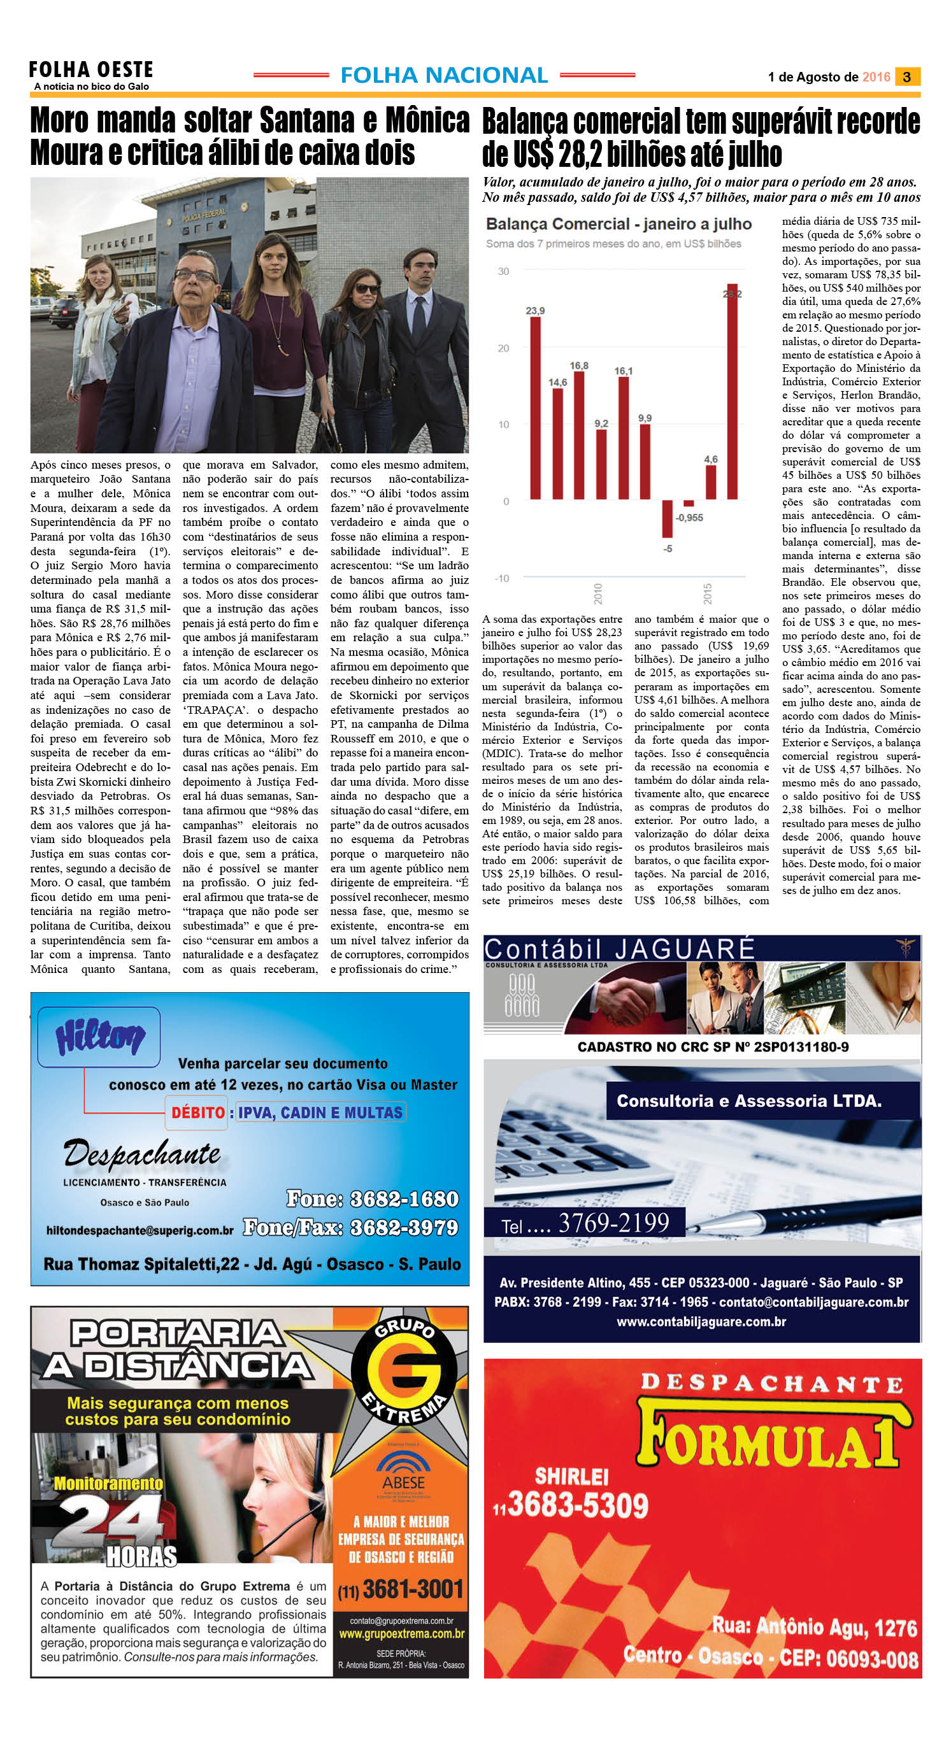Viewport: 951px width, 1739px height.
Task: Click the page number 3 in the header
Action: click(906, 77)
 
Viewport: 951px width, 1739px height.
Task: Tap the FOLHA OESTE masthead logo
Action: click(91, 69)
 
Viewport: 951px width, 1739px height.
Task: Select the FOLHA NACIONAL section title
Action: click(444, 76)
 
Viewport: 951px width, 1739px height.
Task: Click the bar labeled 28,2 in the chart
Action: click(732, 392)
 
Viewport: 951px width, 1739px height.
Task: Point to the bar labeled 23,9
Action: click(535, 407)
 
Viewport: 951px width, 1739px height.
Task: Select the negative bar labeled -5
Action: click(668, 518)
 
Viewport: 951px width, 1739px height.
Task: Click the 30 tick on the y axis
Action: click(503, 271)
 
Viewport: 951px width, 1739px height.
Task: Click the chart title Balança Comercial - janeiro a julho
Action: click(619, 224)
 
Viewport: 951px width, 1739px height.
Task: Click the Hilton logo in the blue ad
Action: click(99, 1036)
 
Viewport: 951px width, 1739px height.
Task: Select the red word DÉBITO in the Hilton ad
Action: click(198, 1112)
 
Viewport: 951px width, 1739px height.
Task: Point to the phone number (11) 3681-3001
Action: click(401, 1589)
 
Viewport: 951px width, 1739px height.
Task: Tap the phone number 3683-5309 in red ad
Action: click(577, 1505)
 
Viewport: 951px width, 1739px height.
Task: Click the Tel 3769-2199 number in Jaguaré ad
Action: click(613, 1223)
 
